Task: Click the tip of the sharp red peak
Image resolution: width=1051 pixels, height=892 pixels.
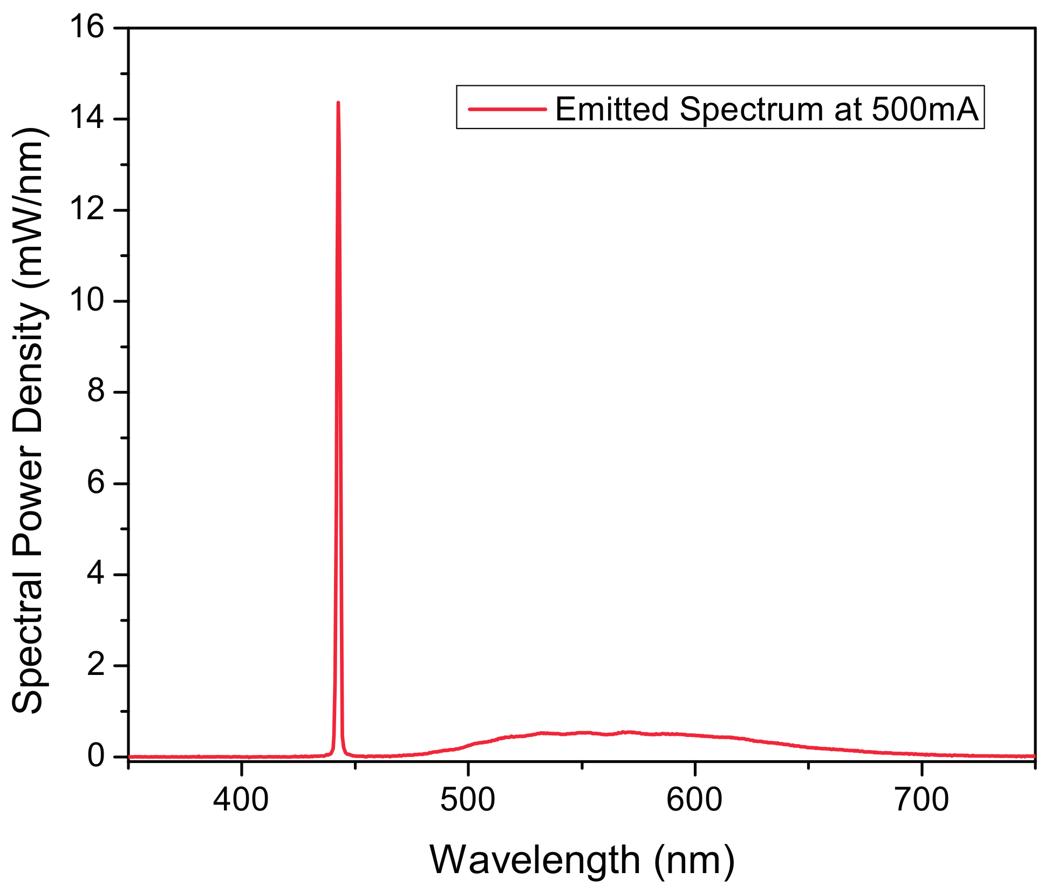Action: pos(338,103)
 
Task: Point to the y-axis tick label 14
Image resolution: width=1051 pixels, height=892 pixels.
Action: pos(87,118)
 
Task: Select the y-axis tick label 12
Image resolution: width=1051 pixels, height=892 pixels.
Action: pos(87,210)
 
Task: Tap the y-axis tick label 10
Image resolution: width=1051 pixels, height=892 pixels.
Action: pos(87,300)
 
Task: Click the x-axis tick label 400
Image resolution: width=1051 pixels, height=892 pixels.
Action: pos(241,800)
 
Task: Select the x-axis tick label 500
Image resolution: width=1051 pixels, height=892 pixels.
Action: pos(468,800)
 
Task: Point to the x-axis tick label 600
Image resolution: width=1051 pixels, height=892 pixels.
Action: pos(694,800)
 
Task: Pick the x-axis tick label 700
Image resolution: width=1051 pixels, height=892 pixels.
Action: pos(922,800)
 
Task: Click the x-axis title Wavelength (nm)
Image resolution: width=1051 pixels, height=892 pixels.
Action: pos(582,860)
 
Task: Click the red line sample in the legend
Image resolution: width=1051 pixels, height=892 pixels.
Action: pos(507,109)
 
